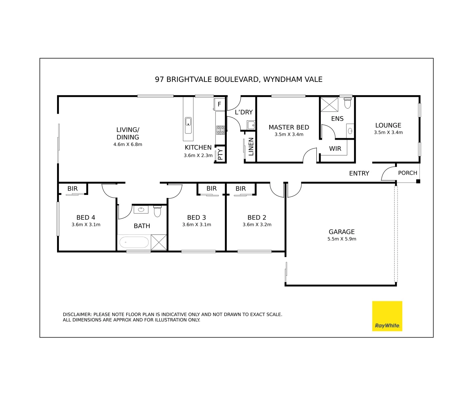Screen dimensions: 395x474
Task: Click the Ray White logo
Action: (387, 316)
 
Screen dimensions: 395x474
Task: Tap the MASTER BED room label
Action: (289, 127)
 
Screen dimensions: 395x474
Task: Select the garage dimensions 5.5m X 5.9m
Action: (342, 239)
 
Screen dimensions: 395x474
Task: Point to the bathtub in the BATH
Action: (134, 242)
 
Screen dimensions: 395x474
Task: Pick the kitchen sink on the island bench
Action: (188, 125)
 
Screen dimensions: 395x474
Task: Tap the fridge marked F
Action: (219, 104)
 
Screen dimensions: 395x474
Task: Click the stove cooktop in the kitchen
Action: (220, 130)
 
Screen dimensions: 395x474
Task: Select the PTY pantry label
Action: (220, 154)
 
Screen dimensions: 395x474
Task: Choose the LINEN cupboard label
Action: (251, 147)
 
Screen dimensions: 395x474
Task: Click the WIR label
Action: (335, 148)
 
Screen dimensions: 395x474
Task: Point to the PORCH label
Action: (407, 173)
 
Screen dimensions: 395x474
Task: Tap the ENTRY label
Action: (359, 173)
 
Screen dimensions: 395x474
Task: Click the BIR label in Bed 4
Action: (72, 189)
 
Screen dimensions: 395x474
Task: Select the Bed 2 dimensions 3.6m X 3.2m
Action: (257, 225)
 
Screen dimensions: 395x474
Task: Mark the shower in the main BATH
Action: (159, 242)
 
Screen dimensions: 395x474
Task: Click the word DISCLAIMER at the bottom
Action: (77, 315)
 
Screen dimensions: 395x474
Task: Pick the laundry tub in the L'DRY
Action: (251, 125)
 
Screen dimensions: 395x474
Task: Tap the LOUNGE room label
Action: (388, 125)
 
